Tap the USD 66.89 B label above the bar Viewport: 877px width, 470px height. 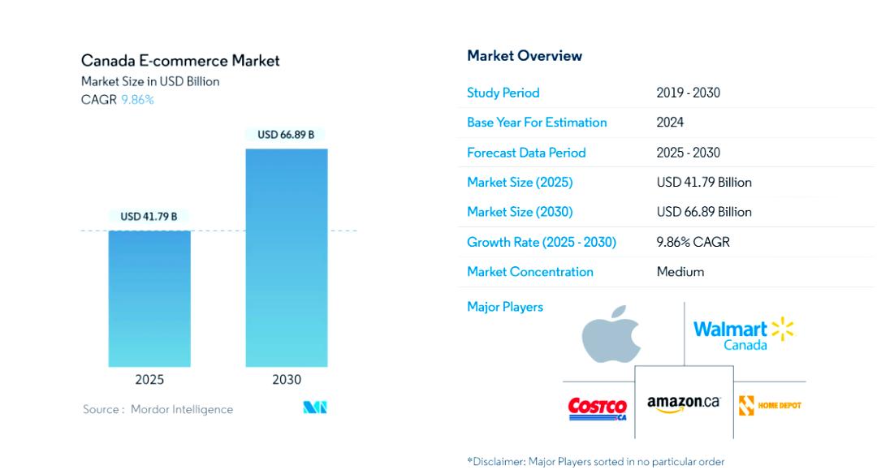click(286, 135)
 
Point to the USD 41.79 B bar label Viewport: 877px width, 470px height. click(149, 217)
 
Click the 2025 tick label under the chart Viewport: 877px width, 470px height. click(149, 380)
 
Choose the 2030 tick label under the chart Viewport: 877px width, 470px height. click(287, 380)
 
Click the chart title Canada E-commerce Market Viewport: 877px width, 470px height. click(180, 61)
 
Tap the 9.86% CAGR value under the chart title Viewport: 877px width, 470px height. click(137, 100)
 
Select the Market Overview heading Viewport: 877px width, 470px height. click(525, 56)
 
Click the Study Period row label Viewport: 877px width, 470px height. click(503, 93)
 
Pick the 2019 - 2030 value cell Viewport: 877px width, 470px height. click(688, 93)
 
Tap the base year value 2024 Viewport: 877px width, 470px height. click(670, 123)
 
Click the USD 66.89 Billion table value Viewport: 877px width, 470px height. click(704, 212)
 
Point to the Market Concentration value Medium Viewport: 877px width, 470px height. click(680, 272)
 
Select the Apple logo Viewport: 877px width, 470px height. click(611, 334)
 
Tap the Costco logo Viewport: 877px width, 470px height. click(597, 407)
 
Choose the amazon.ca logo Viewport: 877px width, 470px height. click(684, 403)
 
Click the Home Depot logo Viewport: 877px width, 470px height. click(770, 405)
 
